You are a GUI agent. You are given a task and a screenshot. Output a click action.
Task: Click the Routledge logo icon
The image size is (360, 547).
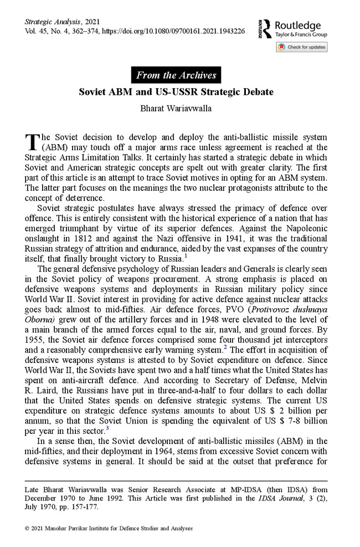point(264,29)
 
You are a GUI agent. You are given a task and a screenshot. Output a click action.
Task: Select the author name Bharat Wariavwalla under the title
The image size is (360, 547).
point(176,109)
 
